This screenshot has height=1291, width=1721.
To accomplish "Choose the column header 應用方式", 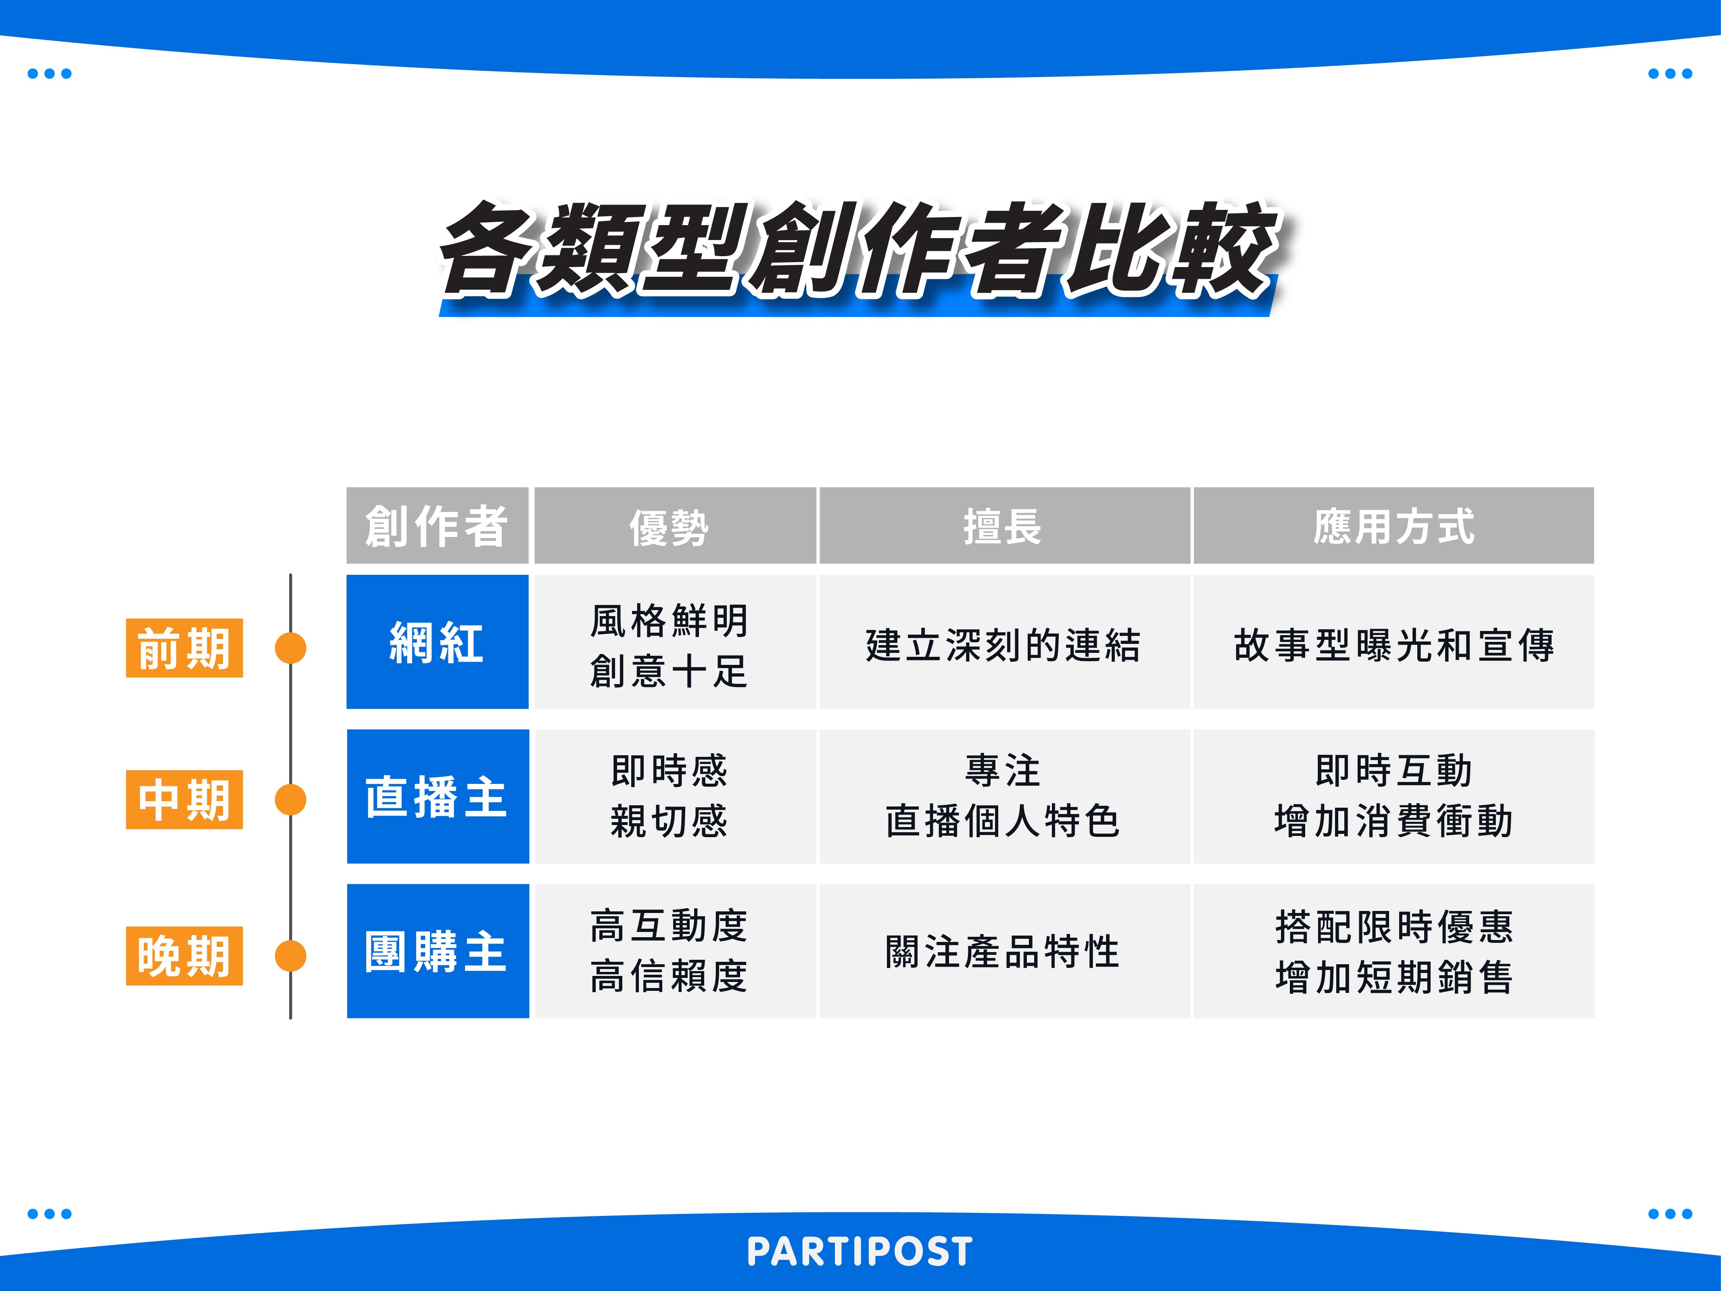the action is tap(1393, 525).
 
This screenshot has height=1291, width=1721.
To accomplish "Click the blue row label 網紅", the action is tap(437, 642).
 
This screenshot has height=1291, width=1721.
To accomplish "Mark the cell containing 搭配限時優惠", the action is tap(1393, 951).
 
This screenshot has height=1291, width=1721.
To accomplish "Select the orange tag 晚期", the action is tap(184, 956).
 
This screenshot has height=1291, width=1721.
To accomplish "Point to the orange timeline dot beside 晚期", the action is tap(290, 956).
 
